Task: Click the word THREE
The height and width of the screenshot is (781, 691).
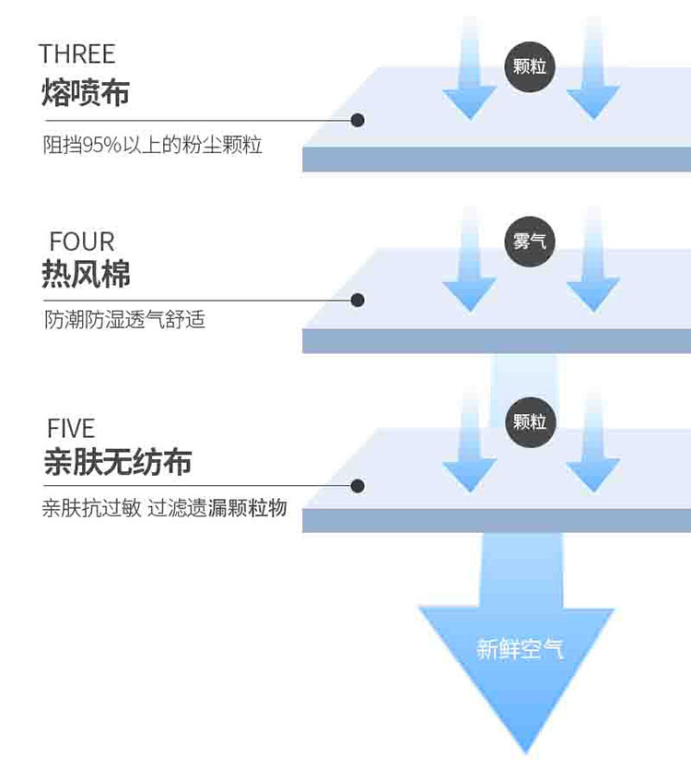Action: pyautogui.click(x=77, y=53)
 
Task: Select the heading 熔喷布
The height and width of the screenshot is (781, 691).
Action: pyautogui.click(x=86, y=92)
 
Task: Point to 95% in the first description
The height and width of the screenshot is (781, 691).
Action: pyautogui.click(x=102, y=145)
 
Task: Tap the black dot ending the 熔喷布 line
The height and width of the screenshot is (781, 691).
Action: pyautogui.click(x=357, y=120)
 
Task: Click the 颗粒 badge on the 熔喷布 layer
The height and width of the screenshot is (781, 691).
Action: pyautogui.click(x=530, y=66)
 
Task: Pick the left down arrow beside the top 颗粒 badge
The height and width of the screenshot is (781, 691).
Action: pyautogui.click(x=470, y=69)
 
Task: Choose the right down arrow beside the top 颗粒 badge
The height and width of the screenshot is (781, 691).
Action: pyautogui.click(x=593, y=69)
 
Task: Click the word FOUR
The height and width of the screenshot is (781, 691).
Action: pyautogui.click(x=82, y=243)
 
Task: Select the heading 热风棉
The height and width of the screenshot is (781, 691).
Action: pyautogui.click(x=86, y=274)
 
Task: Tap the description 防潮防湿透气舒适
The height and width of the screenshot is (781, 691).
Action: pyautogui.click(x=124, y=319)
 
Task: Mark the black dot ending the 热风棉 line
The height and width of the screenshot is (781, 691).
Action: pyautogui.click(x=357, y=300)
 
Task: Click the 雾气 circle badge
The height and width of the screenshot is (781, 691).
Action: pyautogui.click(x=530, y=242)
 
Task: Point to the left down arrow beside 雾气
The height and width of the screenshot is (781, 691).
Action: pyautogui.click(x=470, y=259)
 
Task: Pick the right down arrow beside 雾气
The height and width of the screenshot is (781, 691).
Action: pyautogui.click(x=593, y=259)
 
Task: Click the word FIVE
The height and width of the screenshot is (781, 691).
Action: pyautogui.click(x=71, y=429)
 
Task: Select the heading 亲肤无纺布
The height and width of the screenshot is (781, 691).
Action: pyautogui.click(x=118, y=462)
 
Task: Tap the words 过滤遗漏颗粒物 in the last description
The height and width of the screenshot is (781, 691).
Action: pyautogui.click(x=217, y=508)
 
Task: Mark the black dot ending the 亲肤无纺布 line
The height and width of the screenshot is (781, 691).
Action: pyautogui.click(x=357, y=486)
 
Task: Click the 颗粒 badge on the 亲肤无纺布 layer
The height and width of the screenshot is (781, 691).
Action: pyautogui.click(x=530, y=422)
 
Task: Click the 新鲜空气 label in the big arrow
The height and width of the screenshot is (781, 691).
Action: pyautogui.click(x=520, y=649)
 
